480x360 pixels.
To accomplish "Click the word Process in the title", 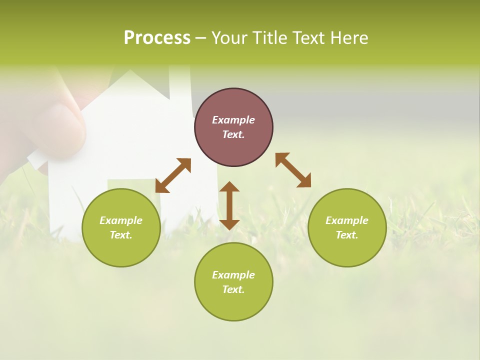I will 157,38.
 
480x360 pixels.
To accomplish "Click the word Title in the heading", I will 270,38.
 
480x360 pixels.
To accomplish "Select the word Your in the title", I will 228,38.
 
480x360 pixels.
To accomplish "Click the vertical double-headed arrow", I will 229,205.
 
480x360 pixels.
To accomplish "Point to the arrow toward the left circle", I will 173,175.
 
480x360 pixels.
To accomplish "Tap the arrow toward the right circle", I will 293,170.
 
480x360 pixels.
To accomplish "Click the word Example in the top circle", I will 233,120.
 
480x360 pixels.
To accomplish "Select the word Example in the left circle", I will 121,220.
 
